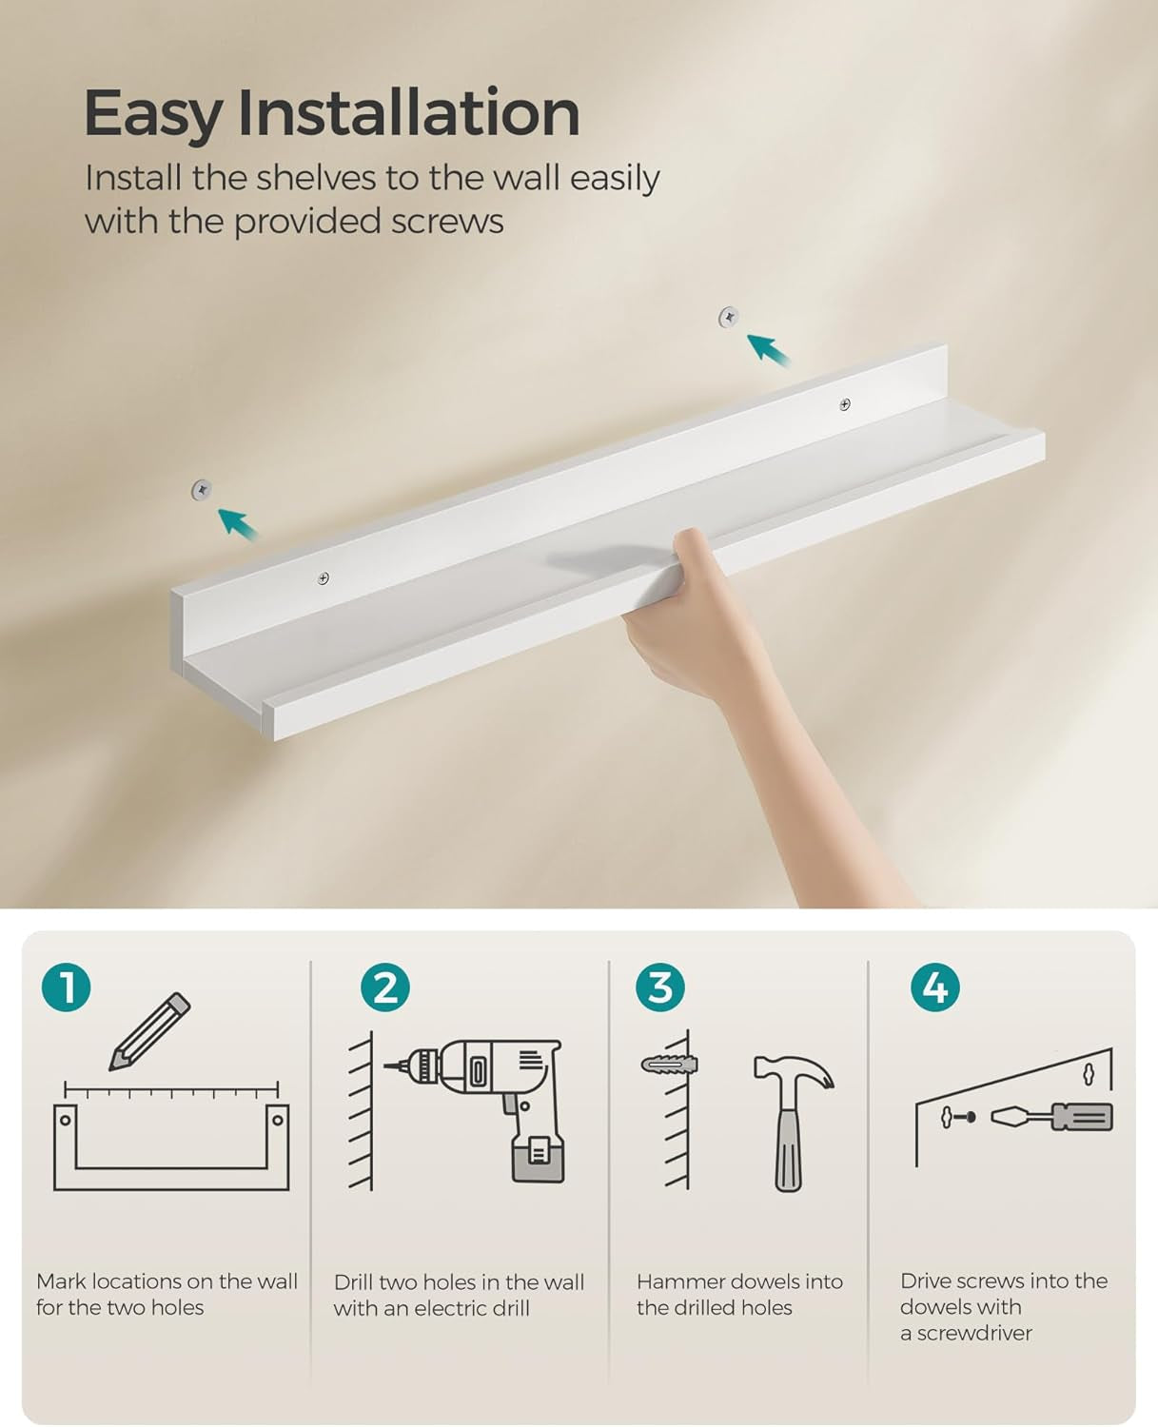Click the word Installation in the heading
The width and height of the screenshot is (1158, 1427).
(x=408, y=112)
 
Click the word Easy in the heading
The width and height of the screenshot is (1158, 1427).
(x=152, y=114)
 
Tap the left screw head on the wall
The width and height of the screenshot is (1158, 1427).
(x=201, y=490)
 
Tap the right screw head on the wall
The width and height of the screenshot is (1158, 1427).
(x=729, y=317)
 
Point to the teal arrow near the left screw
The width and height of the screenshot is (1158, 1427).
(x=238, y=523)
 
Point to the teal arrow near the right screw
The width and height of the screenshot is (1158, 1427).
(x=768, y=349)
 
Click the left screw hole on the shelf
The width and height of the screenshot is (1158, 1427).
(x=324, y=578)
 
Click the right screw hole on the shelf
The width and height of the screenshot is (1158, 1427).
(x=845, y=405)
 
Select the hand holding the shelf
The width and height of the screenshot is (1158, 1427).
(x=685, y=618)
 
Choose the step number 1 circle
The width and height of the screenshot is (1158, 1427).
(x=67, y=987)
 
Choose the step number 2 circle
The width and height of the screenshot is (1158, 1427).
(x=385, y=987)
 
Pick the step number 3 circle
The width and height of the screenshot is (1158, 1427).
(x=660, y=987)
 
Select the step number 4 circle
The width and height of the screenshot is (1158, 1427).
(x=934, y=987)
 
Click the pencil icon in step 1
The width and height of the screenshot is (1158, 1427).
(x=149, y=1032)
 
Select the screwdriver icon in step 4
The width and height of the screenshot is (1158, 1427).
(x=1051, y=1117)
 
